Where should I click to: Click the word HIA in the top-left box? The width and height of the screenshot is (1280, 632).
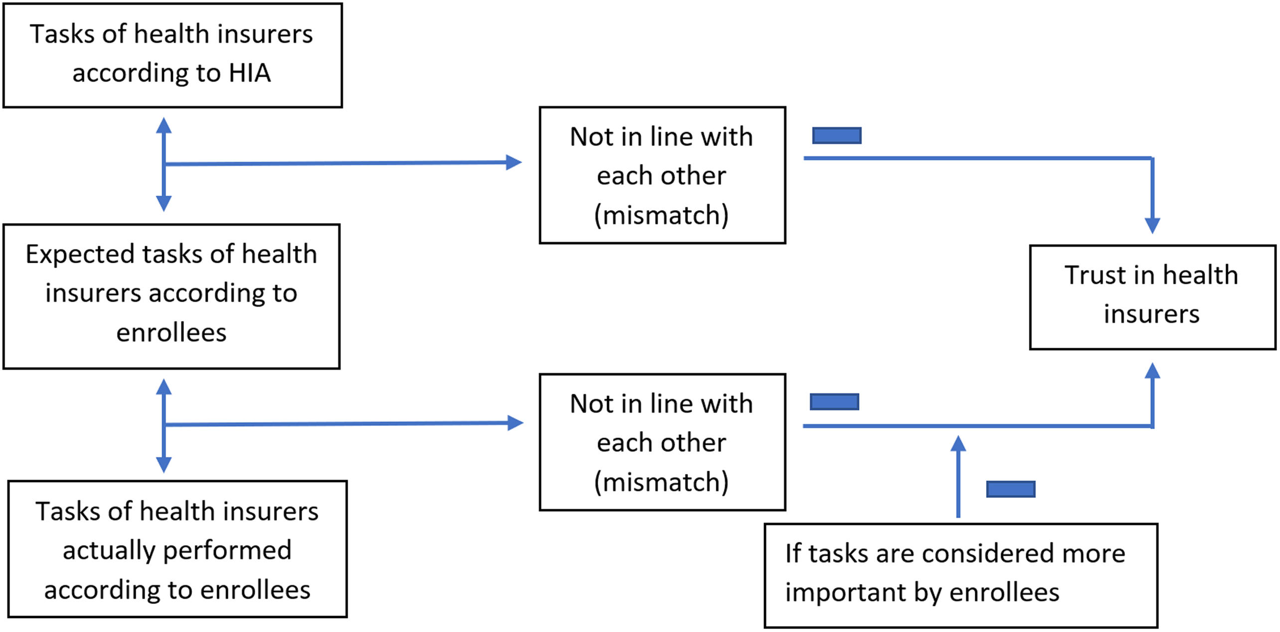point(249,73)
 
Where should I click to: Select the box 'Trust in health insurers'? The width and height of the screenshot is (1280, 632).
point(1152,297)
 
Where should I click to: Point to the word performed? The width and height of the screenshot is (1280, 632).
point(227,550)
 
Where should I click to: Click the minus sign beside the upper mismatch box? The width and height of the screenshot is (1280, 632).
point(836,136)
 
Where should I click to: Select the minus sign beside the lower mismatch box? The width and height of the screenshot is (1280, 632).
point(834,402)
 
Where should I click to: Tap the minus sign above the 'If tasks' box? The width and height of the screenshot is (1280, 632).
point(1010,489)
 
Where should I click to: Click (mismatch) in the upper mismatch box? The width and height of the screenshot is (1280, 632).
point(661,215)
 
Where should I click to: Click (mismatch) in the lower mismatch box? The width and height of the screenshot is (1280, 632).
point(661,482)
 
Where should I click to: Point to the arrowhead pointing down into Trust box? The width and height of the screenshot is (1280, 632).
point(1152,225)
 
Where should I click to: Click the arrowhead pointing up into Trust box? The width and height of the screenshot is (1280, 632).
point(1152,371)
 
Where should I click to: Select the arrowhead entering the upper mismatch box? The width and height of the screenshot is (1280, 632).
point(513,162)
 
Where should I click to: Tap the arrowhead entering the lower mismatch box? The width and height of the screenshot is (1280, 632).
point(515,423)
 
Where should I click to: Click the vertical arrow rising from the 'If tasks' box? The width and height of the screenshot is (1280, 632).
point(958,478)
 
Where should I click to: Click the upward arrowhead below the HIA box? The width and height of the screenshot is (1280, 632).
point(164,126)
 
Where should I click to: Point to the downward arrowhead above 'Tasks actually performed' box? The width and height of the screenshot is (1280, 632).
point(164,464)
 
